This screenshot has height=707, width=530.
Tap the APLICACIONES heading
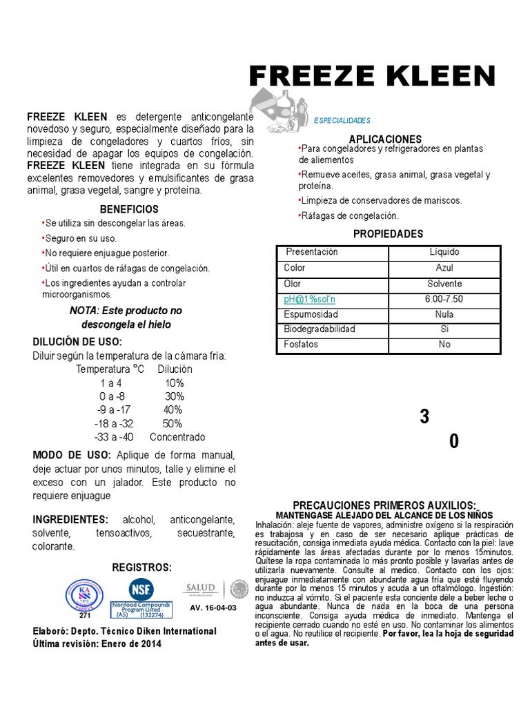coord(384,139)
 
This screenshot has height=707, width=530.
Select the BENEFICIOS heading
coord(129,209)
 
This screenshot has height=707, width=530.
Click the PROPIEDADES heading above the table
coord(388,234)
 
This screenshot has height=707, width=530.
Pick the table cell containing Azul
coord(444,268)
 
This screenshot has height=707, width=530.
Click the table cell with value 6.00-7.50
coord(444,299)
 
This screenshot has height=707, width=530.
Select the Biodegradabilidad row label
coord(320,329)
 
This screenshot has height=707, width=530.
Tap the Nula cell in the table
coord(444,314)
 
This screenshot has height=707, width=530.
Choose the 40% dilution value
coord(173,409)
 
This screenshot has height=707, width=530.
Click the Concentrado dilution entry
coord(177,437)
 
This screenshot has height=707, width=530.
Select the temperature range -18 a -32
coord(114,423)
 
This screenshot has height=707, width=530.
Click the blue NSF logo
coord(141,589)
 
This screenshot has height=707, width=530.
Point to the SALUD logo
coord(200,588)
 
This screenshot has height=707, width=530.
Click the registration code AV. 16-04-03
coord(213,608)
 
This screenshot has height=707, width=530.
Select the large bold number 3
coord(424,417)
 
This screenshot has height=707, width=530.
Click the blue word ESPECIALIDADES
coord(342,120)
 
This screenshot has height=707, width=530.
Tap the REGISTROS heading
coord(142,567)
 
